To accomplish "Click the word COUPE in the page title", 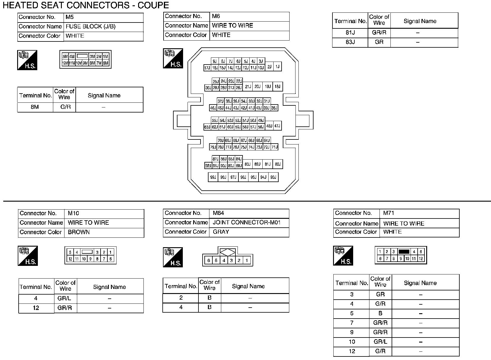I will pos(154,5).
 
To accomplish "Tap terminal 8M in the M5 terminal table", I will pos(35,107).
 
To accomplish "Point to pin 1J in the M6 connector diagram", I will pos(277,67).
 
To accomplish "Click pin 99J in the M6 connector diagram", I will pos(213,177).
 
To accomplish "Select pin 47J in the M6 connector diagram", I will pos(277,126).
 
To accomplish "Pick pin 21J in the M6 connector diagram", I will pos(248,86).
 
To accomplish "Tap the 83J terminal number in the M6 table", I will pos(350,42).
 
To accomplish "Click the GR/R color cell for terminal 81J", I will pos(379,33).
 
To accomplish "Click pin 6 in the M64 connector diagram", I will pos(209,261).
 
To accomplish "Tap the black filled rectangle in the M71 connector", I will pos(404,252).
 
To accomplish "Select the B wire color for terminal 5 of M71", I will pos(380,313).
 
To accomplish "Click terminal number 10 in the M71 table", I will pos(352,342).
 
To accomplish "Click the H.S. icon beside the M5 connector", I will pos(27,60).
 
